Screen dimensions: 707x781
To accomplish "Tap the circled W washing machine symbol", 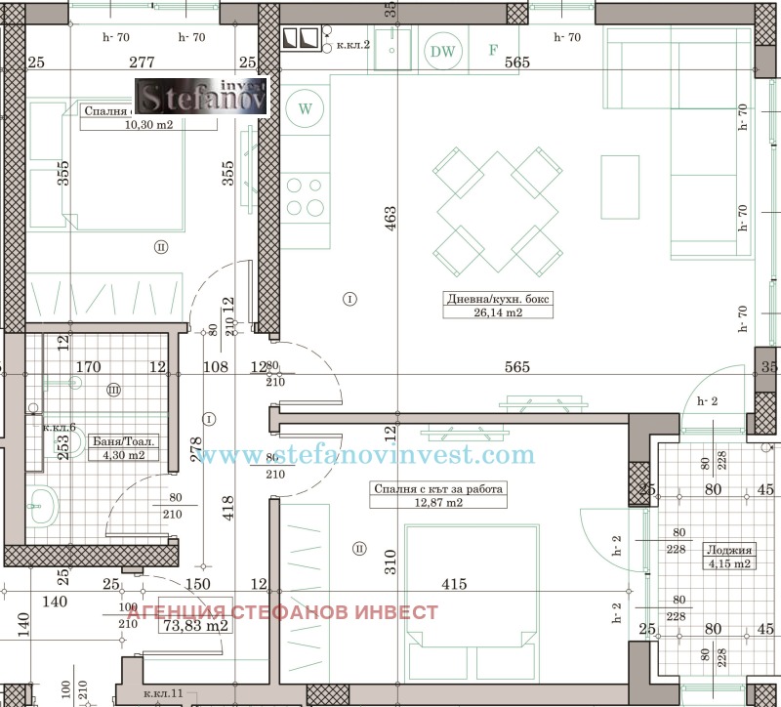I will [306, 108].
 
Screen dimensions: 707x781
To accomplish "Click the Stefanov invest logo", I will [200, 97].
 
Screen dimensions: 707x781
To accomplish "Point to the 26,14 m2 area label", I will [512, 312].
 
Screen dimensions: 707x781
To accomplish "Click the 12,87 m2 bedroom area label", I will [438, 504].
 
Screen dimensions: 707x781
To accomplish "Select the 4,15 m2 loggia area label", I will [727, 562].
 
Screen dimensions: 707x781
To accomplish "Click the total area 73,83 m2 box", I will [193, 625].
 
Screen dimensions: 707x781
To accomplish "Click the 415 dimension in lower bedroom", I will [454, 584].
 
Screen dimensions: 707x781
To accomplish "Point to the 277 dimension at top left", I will [144, 62].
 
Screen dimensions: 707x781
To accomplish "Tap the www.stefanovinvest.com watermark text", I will [363, 456].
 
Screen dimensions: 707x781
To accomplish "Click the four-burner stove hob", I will [306, 196].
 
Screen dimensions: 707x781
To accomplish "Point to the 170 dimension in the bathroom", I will [89, 367].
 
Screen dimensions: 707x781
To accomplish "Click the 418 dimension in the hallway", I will [228, 510].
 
